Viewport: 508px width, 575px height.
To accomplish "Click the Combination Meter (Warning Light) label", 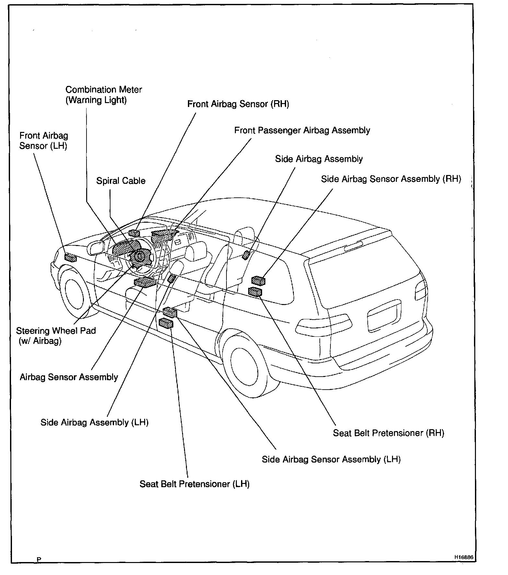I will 104,95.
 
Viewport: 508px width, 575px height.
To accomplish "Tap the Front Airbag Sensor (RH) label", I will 238,104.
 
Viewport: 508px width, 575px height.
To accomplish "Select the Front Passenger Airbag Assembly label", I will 302,130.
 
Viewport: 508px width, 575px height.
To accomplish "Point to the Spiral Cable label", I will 121,181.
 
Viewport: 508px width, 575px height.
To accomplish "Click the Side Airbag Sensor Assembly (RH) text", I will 391,179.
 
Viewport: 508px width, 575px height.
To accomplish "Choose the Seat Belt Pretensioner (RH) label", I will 388,433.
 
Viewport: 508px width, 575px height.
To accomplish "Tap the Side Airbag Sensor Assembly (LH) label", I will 331,459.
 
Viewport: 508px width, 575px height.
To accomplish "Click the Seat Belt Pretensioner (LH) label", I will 194,484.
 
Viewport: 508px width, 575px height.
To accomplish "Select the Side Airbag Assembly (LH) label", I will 94,422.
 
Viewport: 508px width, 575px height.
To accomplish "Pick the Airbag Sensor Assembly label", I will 69,377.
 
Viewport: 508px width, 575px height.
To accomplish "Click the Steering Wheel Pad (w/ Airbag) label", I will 56,335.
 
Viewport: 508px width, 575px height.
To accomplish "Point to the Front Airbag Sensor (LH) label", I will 43,141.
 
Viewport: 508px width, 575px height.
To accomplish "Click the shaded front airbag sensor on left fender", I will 70,258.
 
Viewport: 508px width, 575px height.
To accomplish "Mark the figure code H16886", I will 464,557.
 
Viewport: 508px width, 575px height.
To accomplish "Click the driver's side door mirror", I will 95,249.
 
